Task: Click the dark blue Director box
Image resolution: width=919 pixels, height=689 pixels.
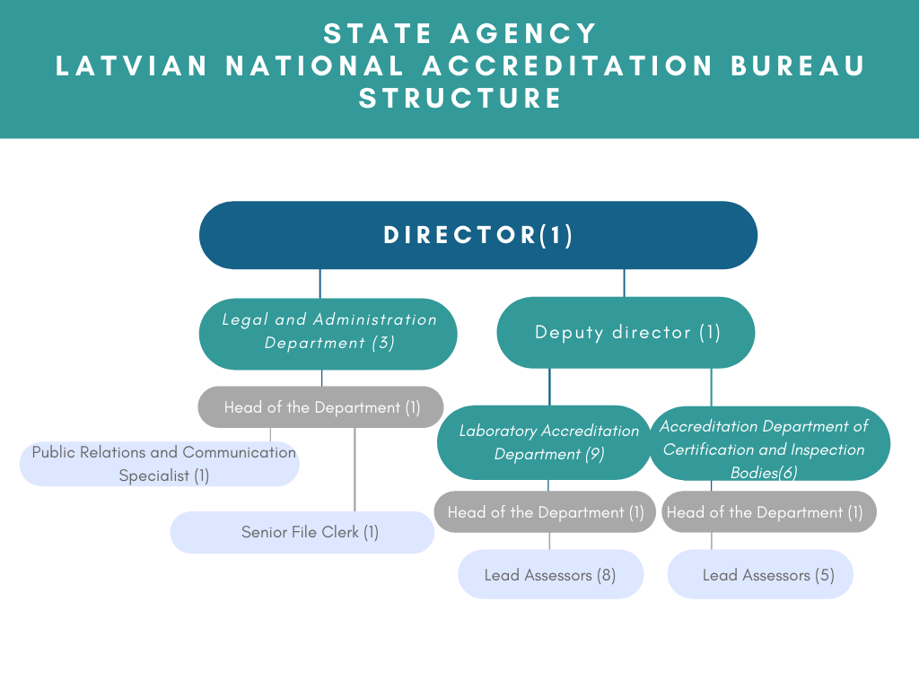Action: pos(478,235)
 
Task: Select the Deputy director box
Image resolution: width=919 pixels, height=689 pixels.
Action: pos(626,332)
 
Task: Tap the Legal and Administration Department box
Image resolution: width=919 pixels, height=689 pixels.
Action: pos(328,334)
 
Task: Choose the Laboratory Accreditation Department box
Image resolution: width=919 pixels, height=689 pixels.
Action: pos(544,442)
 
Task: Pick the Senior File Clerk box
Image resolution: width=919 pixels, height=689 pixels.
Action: pos(302,532)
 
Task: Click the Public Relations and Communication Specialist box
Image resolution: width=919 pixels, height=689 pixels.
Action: pos(160,464)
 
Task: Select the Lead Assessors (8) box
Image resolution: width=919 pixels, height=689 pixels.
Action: pos(551,574)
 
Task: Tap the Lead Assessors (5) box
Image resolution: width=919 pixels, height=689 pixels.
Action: pos(760,574)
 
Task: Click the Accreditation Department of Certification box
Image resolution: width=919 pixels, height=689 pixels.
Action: pos(770,443)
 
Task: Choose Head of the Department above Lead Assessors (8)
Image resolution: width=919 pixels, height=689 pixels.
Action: pos(545,511)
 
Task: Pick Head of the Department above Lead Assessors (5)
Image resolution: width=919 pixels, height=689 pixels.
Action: pos(769,511)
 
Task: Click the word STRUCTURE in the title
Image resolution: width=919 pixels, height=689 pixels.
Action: pos(460,98)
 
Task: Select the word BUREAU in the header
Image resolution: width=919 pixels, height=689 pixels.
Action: pos(798,65)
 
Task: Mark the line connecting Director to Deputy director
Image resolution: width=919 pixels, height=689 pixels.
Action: pos(625,283)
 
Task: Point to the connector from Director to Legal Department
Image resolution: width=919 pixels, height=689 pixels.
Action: pos(320,283)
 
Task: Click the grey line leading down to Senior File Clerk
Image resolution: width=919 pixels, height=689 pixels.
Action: pos(354,469)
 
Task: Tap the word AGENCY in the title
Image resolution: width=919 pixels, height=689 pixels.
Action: pos(523,33)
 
